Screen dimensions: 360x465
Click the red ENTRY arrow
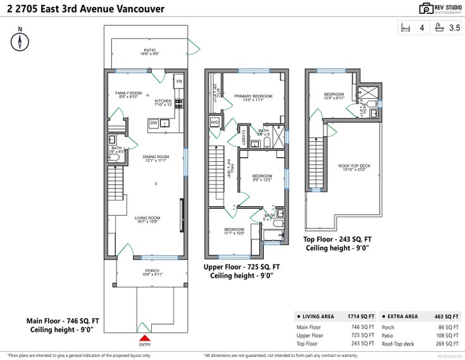click(144, 338)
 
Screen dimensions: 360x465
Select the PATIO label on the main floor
click(149, 51)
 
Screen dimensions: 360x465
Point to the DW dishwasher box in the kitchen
click(154, 123)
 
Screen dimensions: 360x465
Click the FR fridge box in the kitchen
click(179, 82)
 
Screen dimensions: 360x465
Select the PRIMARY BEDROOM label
click(253, 96)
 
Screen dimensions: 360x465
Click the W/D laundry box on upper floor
click(214, 122)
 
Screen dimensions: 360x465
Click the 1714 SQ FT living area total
click(361, 316)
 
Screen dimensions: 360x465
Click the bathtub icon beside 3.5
click(440, 27)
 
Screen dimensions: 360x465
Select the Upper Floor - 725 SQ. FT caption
click(241, 267)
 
